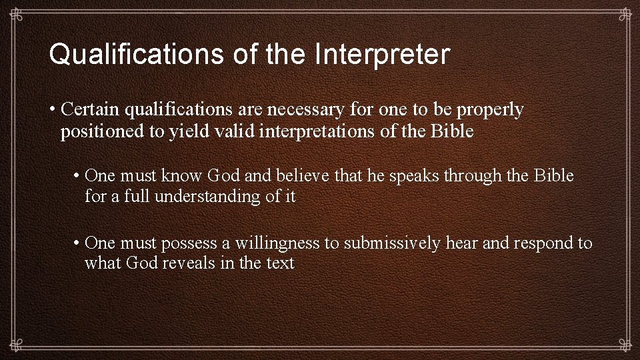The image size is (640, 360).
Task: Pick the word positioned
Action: coord(102,132)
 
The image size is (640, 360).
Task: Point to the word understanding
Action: coord(211,197)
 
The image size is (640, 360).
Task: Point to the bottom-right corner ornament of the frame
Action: coord(625,345)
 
